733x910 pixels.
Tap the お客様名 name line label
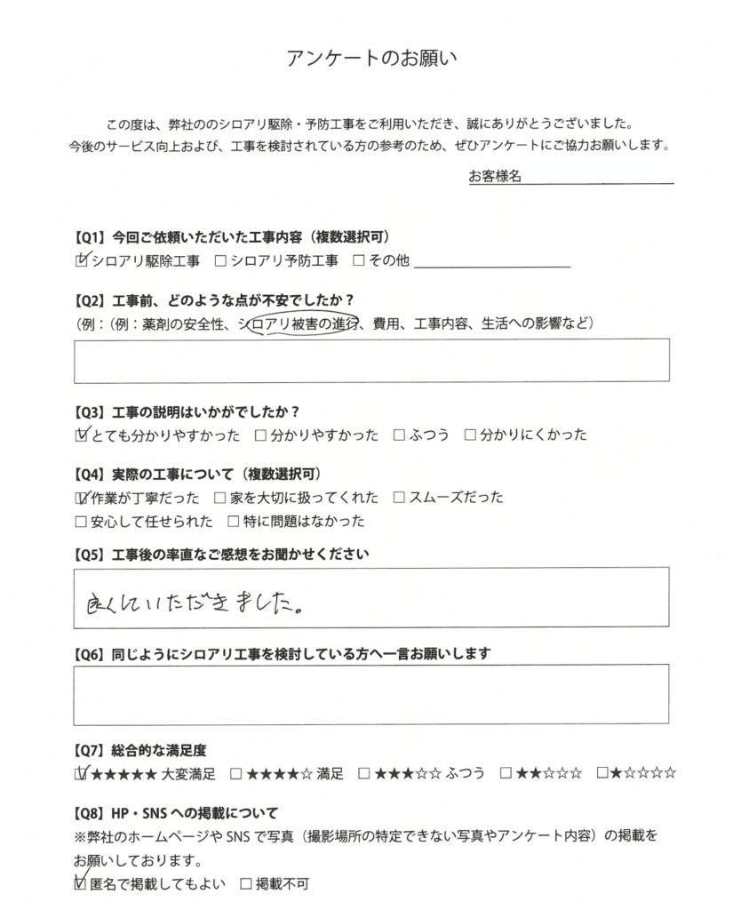495,177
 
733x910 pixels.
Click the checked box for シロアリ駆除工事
83,261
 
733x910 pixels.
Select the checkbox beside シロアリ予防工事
220,261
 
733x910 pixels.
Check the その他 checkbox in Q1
359,261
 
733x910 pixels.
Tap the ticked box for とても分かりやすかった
83,435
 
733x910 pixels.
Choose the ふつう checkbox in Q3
399,435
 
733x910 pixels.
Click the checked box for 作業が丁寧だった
83,498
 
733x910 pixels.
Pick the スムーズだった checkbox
399,498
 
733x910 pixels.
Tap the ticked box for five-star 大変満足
83,773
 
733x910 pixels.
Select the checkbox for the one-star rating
603,773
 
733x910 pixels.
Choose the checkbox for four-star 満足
236,773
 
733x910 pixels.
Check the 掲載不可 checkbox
246,885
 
